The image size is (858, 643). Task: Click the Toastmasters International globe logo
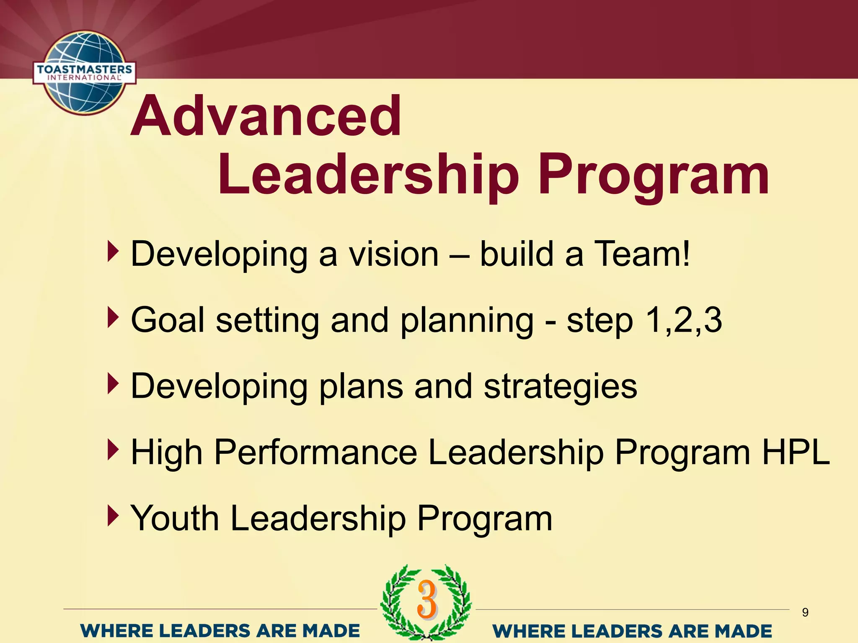(85, 72)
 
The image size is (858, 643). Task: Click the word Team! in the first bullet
(643, 254)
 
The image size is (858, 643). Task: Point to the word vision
(394, 254)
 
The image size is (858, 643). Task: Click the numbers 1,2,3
(684, 320)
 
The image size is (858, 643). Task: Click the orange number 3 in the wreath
(427, 599)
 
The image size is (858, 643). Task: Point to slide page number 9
(805, 612)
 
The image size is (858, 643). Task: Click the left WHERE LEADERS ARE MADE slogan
(220, 630)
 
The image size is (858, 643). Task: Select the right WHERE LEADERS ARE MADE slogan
(632, 630)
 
